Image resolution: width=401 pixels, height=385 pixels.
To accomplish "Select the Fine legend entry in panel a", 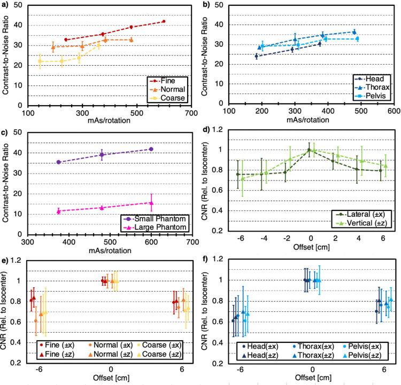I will pyautogui.click(x=169, y=81).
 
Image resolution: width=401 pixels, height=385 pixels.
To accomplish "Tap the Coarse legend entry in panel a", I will pyautogui.click(x=172, y=98).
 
